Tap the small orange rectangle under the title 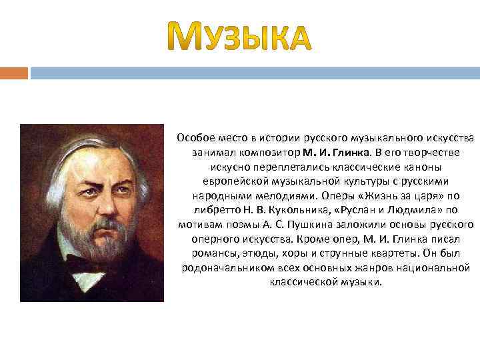point(14,72)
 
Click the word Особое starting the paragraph point(193,138)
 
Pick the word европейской point(230,181)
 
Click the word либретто point(209,211)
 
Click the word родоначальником point(223,268)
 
